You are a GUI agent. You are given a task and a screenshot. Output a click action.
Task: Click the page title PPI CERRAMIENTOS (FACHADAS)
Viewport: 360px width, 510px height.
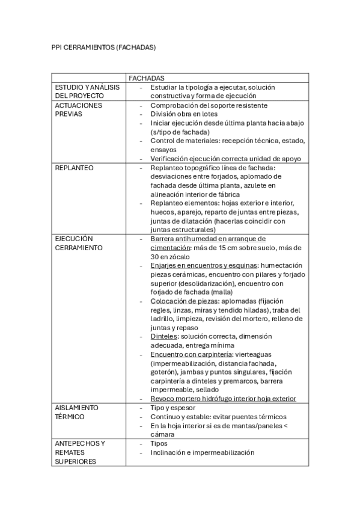(103, 48)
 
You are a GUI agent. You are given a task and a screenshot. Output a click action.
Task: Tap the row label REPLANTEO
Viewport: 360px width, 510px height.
(74, 168)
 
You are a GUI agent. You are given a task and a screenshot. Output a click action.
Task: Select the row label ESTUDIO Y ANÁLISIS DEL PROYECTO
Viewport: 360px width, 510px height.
(87, 91)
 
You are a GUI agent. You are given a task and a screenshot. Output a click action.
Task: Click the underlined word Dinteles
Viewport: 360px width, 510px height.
(164, 336)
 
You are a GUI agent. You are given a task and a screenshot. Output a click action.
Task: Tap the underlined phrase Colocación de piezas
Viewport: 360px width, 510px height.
(185, 301)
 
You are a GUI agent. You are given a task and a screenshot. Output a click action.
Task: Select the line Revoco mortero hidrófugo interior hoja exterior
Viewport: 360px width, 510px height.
(223, 399)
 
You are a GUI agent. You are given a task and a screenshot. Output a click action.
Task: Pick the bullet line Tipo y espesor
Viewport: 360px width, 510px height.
(173, 408)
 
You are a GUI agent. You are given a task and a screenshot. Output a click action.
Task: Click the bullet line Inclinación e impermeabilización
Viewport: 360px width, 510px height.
(203, 452)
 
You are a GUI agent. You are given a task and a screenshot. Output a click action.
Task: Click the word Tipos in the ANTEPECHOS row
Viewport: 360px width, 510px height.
(159, 443)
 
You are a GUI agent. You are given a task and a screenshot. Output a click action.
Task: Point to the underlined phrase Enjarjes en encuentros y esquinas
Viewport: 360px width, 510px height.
(204, 265)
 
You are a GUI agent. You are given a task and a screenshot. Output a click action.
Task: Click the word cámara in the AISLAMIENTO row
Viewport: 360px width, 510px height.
(162, 434)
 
